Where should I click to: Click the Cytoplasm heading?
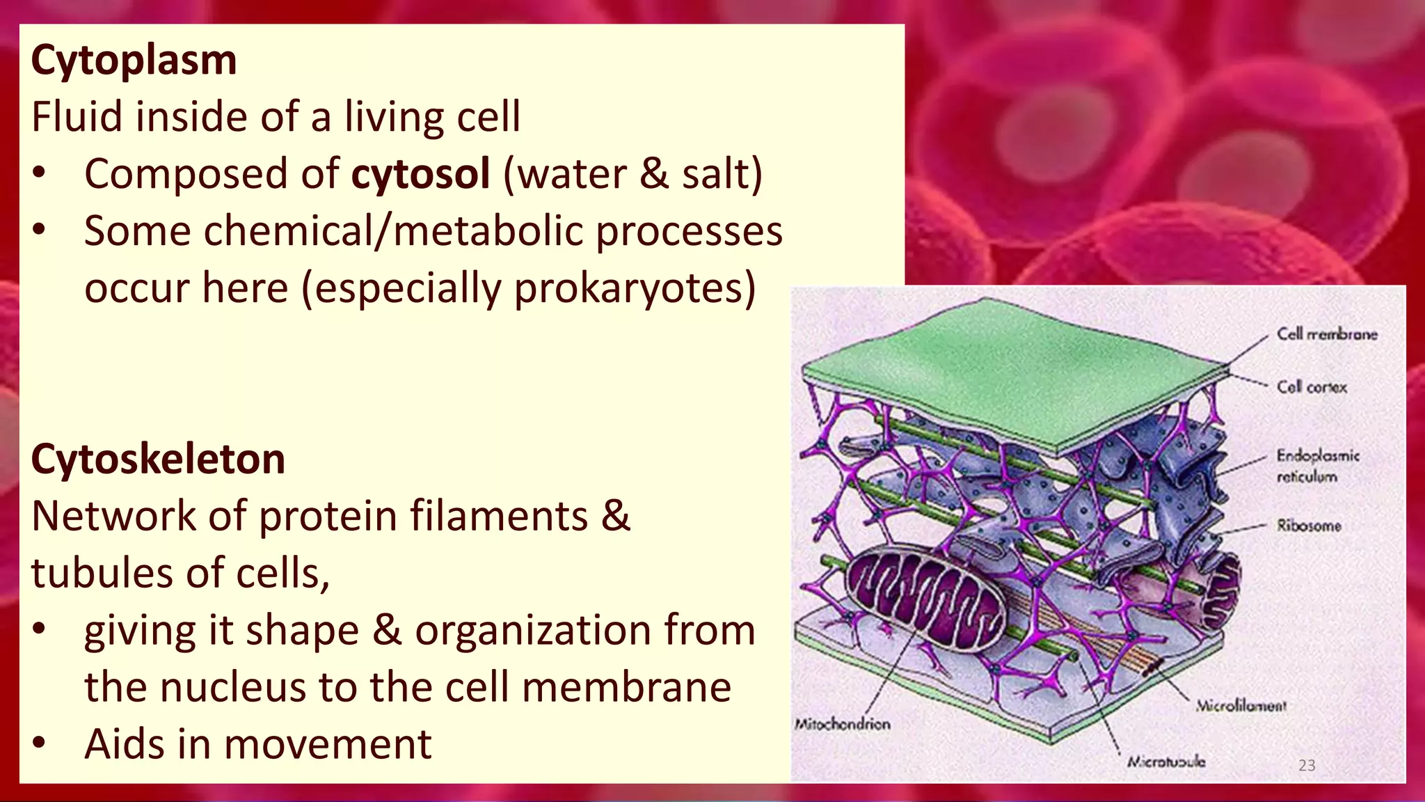click(134, 61)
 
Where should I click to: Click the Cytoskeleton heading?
click(158, 459)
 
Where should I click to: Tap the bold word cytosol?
click(420, 174)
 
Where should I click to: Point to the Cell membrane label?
click(1326, 334)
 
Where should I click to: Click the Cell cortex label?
click(1311, 387)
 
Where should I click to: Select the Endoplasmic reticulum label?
click(1316, 466)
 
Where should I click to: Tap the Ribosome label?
click(1308, 526)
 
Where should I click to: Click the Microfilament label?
click(1241, 706)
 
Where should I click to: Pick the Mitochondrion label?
click(842, 724)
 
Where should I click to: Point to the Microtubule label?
click(1166, 762)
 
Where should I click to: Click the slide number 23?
click(1306, 766)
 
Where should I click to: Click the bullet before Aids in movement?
click(39, 743)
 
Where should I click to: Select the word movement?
click(327, 744)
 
